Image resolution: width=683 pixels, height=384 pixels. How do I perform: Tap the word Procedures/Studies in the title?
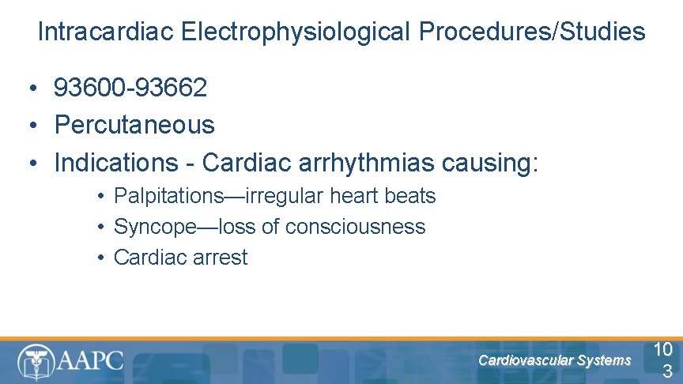click(532, 32)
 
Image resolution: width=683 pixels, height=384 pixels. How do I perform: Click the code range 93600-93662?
click(130, 88)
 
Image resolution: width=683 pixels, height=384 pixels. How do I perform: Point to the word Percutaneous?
click(134, 125)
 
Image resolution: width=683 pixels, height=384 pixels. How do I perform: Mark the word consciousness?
click(356, 227)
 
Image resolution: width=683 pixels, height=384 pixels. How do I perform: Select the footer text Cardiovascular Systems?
click(555, 361)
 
